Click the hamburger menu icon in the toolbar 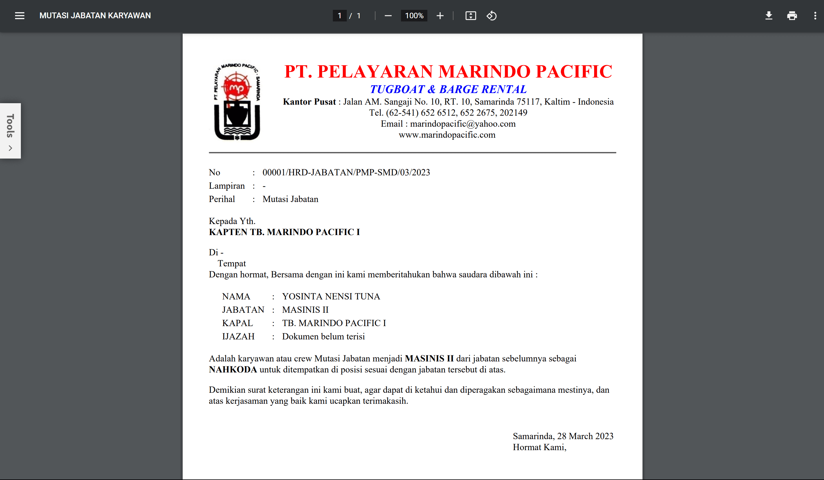[20, 16]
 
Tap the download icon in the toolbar [769, 16]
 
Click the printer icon [792, 16]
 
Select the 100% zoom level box [414, 16]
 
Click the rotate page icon [491, 16]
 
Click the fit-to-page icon [471, 16]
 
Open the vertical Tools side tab [10, 131]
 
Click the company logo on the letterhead [237, 102]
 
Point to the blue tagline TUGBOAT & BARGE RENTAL [448, 89]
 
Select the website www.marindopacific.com [447, 135]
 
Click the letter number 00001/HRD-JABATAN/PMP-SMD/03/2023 [346, 172]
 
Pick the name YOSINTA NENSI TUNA [331, 297]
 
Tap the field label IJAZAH [238, 337]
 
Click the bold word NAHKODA [233, 370]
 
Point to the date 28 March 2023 [585, 436]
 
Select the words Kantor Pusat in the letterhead [309, 102]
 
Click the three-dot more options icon [815, 16]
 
